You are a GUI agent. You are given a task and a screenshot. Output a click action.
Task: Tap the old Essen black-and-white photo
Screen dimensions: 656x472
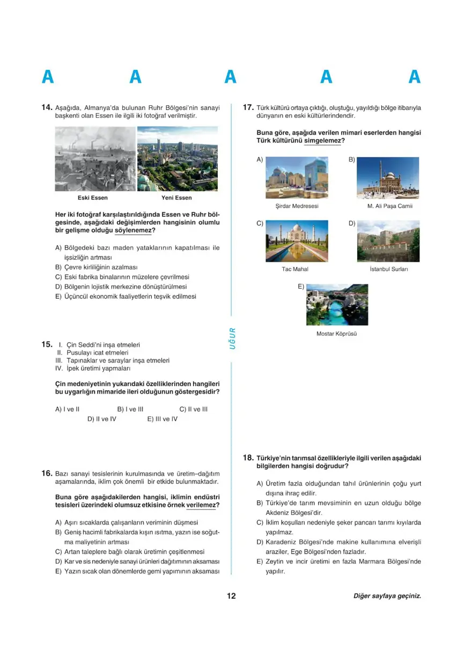pos(95,159)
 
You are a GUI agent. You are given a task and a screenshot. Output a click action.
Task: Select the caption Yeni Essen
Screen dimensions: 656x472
pos(176,198)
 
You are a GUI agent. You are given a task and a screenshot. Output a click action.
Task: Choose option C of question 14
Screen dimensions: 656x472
pos(122,277)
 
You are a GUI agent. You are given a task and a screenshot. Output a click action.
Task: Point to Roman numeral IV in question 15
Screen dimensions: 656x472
pos(59,369)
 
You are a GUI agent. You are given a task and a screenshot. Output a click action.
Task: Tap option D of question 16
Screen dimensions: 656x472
pos(137,562)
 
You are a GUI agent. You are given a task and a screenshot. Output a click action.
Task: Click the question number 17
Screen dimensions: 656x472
pos(248,107)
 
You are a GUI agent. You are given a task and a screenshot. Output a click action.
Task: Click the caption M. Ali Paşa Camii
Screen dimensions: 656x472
pos(389,206)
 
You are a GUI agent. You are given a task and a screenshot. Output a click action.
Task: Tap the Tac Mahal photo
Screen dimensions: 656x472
pos(297,241)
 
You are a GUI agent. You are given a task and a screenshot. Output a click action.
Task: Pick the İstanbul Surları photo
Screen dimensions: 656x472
pos(388,241)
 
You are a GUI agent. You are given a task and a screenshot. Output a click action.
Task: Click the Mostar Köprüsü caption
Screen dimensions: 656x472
pos(336,334)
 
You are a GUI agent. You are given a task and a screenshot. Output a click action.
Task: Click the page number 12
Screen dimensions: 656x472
pos(231,596)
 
